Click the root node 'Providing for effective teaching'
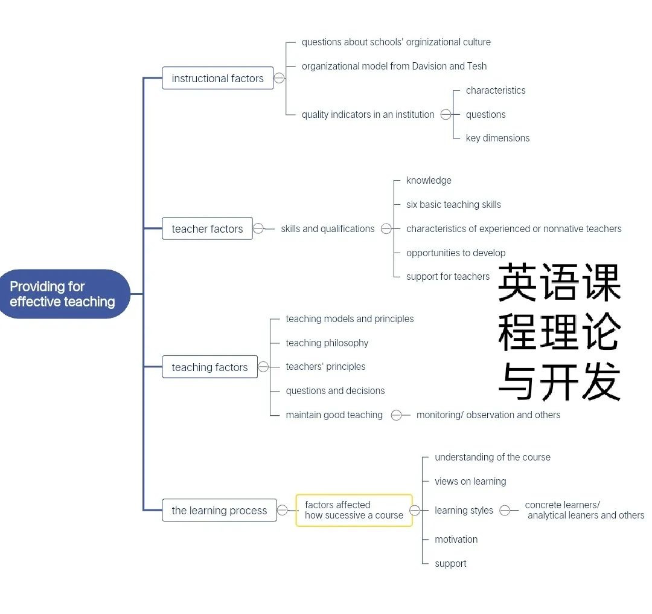[65, 294]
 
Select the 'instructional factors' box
[217, 78]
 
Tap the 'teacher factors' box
[207, 228]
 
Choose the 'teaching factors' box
[209, 367]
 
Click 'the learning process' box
[219, 510]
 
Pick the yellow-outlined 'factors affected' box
[354, 510]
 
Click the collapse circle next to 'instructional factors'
[279, 78]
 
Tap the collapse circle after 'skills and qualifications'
[386, 228]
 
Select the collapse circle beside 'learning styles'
[504, 510]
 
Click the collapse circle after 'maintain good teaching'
[396, 415]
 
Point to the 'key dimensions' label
[497, 138]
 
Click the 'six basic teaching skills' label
[453, 204]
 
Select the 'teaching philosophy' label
[327, 343]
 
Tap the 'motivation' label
[456, 540]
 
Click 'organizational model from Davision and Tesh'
[394, 66]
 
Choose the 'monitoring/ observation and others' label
[488, 415]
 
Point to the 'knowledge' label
[429, 180]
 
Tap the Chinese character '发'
[601, 381]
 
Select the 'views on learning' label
[470, 482]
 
